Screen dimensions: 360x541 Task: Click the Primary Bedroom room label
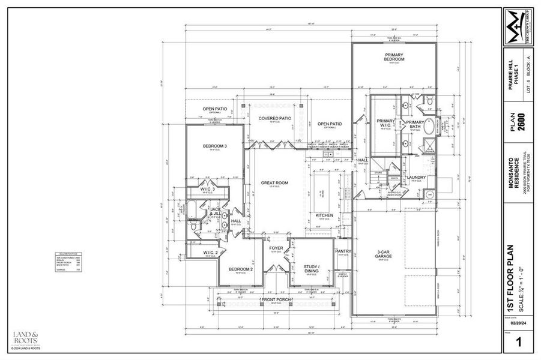(394, 58)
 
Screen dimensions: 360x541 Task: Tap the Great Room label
(274, 182)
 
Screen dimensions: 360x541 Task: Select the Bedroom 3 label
(214, 146)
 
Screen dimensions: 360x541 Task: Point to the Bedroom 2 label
(241, 269)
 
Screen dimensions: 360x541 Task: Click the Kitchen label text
(324, 215)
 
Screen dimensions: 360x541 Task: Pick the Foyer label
(276, 247)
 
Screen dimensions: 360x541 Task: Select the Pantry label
(343, 251)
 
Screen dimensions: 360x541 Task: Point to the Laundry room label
(416, 177)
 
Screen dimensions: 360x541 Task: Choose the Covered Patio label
(275, 118)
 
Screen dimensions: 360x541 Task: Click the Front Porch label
(276, 299)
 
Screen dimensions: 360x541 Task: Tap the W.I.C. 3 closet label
(208, 190)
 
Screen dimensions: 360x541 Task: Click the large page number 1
(518, 343)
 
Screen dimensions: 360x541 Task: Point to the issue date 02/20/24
(518, 323)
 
